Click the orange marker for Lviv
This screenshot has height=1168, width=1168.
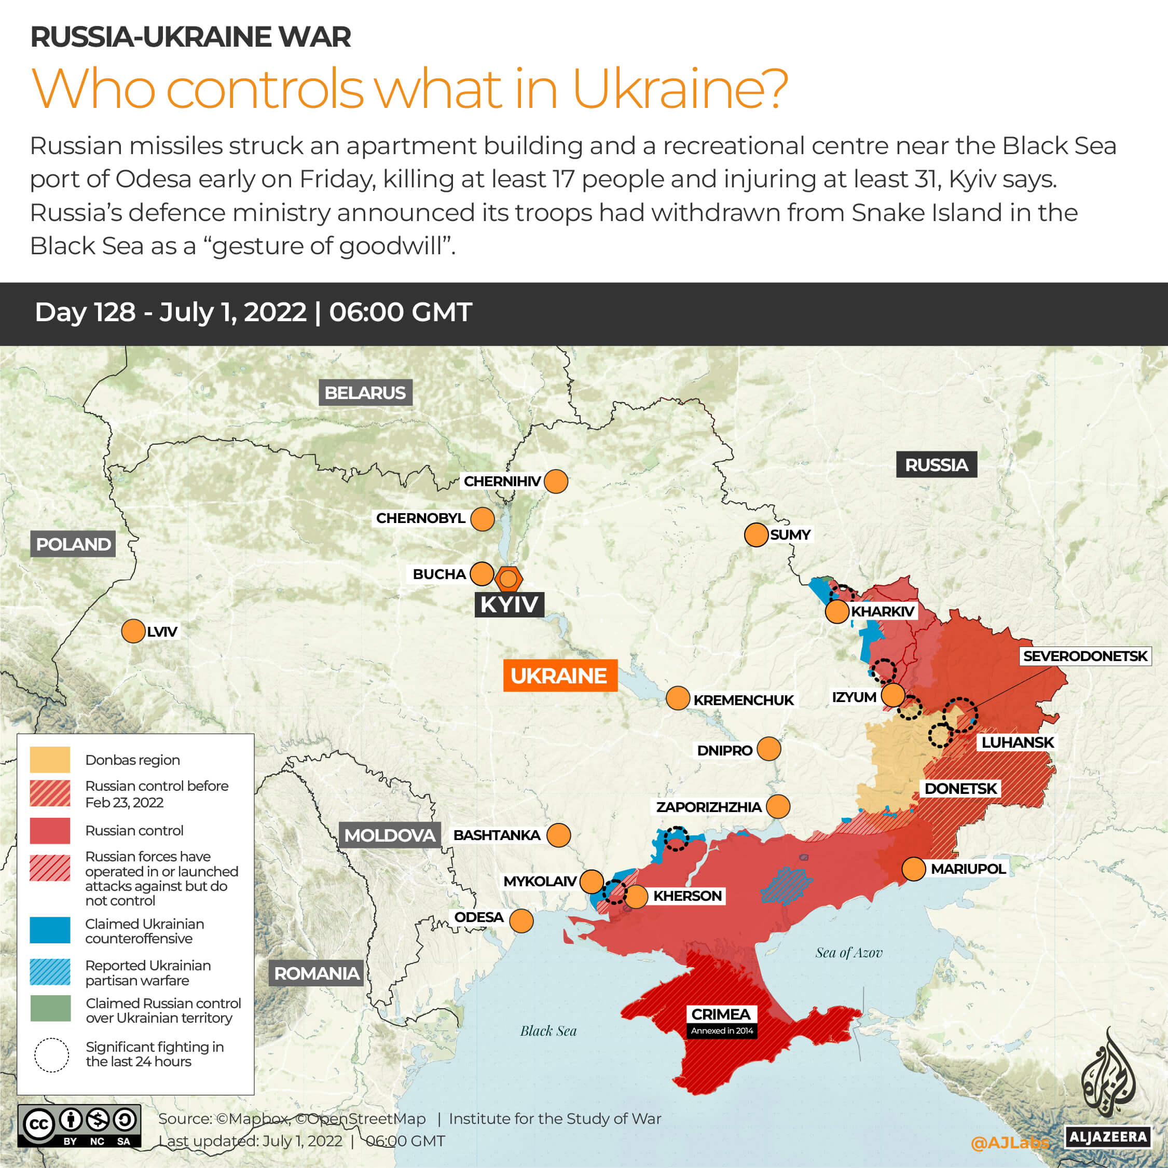pos(133,631)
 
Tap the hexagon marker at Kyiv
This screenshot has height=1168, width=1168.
pos(509,579)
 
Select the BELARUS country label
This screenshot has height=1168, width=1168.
pos(365,393)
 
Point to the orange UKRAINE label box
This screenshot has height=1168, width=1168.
pos(560,675)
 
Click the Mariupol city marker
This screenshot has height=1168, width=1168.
pos(913,869)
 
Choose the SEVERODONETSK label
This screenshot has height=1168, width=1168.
pos(1084,656)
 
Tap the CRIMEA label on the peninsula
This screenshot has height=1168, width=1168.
pos(721,1014)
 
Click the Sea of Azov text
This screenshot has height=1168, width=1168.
pos(848,953)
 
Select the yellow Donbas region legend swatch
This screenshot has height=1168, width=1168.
pos(50,760)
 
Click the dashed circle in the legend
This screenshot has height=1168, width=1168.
pos(51,1055)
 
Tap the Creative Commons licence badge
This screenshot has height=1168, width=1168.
pos(79,1125)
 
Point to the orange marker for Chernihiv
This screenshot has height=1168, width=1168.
pos(556,481)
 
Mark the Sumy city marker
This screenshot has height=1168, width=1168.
pos(755,535)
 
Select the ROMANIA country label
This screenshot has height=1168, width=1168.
pos(316,973)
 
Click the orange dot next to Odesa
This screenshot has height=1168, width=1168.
pos(521,920)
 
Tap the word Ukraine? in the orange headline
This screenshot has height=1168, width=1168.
pos(680,89)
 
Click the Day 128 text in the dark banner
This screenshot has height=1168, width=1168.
pos(85,312)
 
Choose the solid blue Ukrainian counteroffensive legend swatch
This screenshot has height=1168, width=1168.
pos(50,930)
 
